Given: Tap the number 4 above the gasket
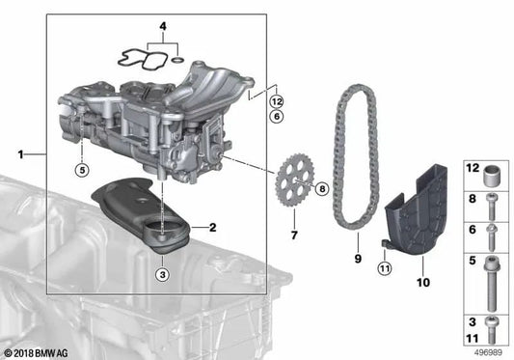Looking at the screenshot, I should [x=162, y=27].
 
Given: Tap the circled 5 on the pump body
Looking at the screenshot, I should [x=82, y=172].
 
